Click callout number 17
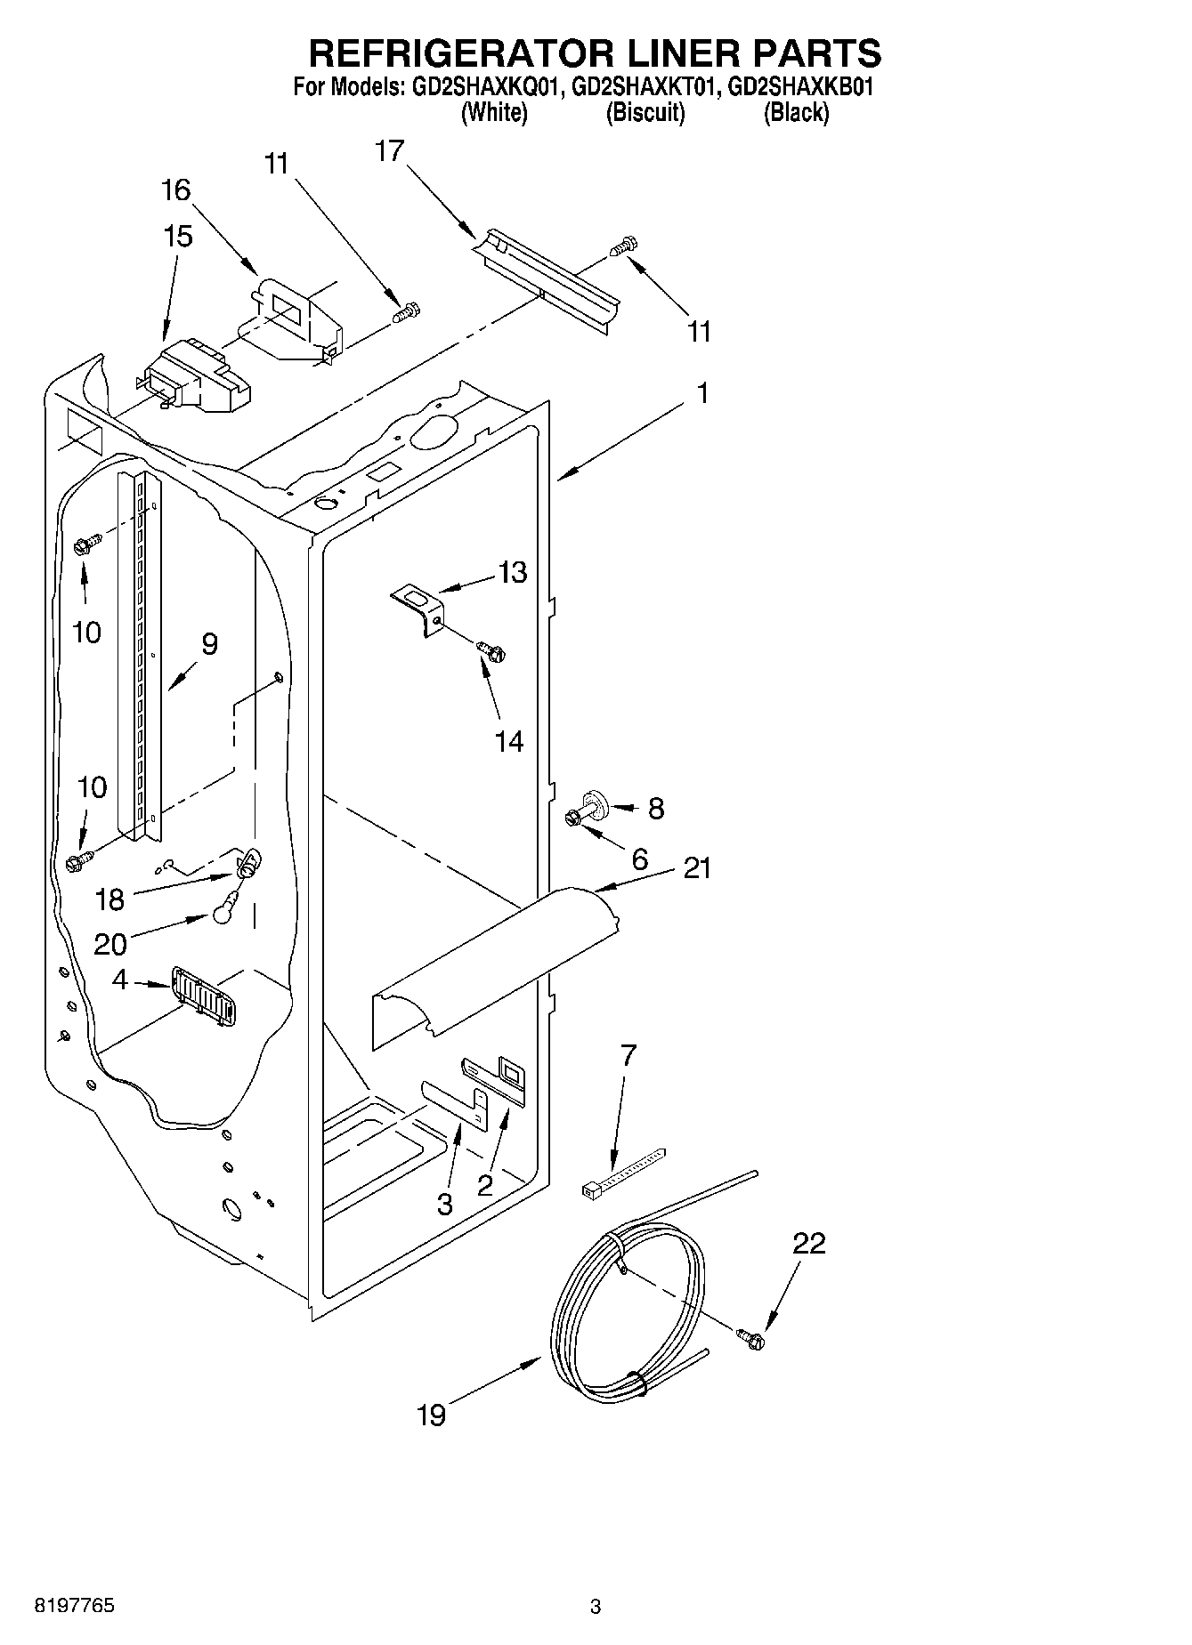tap(389, 151)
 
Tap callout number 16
tap(176, 189)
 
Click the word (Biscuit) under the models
tap(645, 113)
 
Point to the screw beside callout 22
tap(750, 1337)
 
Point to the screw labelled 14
tap(491, 651)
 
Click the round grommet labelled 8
tap(596, 803)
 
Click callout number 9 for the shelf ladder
tap(209, 644)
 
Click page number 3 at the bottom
tap(596, 1607)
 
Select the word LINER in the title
tap(677, 53)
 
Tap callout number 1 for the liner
tap(702, 392)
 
